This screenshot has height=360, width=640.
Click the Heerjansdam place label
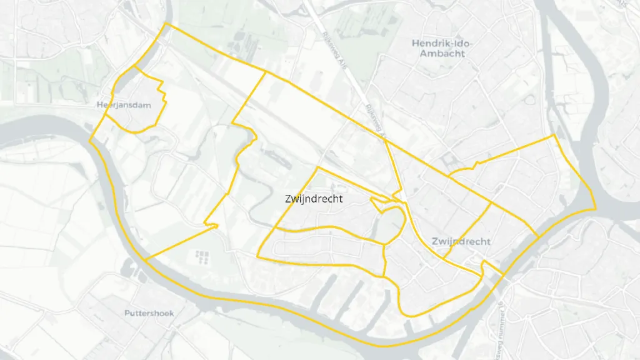click(x=124, y=105)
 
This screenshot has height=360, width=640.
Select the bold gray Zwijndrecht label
click(x=461, y=241)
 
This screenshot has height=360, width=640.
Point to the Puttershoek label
click(x=149, y=312)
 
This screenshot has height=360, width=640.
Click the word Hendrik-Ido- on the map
click(x=442, y=43)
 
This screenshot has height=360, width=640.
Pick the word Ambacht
click(x=442, y=54)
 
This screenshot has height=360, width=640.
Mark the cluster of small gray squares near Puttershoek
click(x=201, y=256)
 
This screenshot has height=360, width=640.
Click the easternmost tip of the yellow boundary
click(x=596, y=208)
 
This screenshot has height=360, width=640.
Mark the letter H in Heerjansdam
click(x=100, y=105)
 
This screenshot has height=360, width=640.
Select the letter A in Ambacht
click(x=423, y=54)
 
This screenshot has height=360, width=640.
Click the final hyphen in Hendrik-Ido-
click(x=471, y=44)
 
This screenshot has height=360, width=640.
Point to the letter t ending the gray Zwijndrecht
click(x=488, y=241)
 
